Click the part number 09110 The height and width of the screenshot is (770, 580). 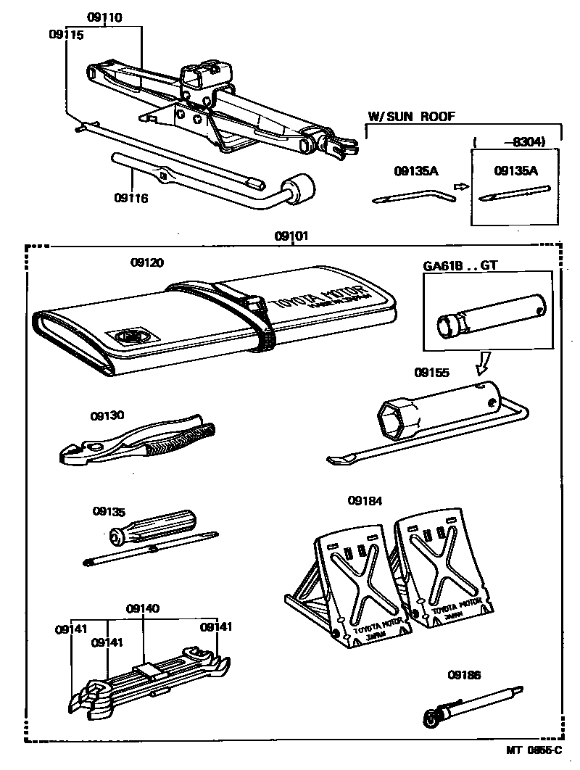104,16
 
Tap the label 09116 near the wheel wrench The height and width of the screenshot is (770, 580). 131,197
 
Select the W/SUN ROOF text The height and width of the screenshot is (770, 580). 412,116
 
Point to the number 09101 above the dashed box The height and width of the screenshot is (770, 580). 291,236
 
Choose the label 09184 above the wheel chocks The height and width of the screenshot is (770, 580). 365,500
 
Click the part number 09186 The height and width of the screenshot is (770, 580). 464,674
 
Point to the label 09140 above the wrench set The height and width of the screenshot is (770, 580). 143,609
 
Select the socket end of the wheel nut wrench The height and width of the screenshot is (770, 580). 300,189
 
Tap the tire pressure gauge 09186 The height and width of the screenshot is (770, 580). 471,707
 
